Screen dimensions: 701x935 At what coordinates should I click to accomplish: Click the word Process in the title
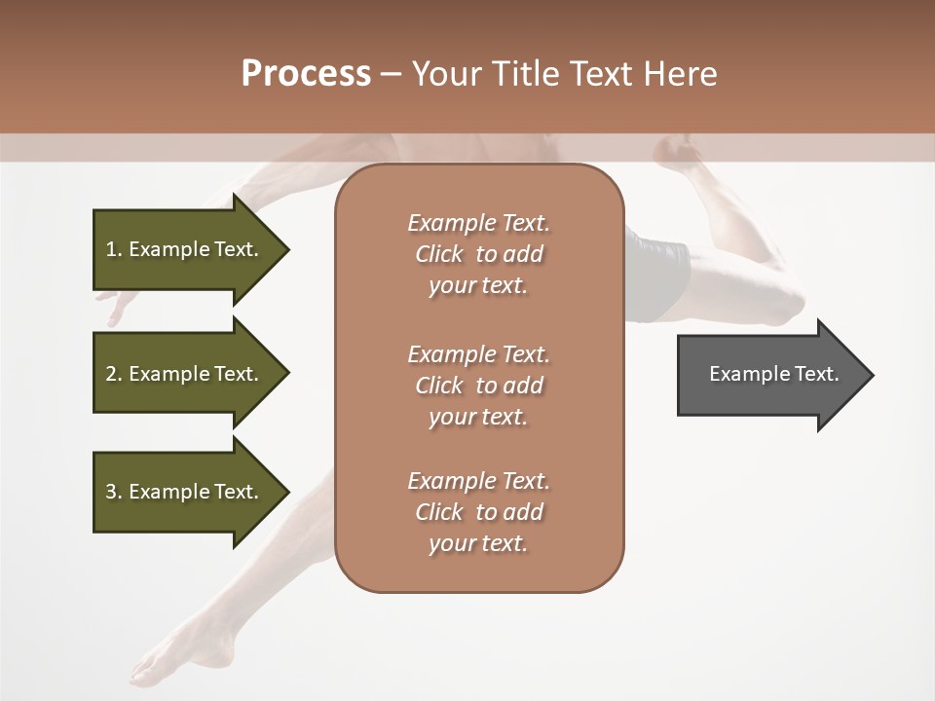[x=306, y=74]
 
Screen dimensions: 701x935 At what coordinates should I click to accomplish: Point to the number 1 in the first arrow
[x=111, y=249]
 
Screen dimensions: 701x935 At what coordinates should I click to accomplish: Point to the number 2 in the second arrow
[x=111, y=374]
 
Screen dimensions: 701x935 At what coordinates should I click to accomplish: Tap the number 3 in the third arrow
[x=111, y=492]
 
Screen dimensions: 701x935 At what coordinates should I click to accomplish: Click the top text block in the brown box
[x=478, y=254]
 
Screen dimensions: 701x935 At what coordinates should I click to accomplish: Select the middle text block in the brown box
[x=478, y=385]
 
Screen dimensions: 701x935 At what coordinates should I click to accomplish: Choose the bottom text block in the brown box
[x=478, y=512]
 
